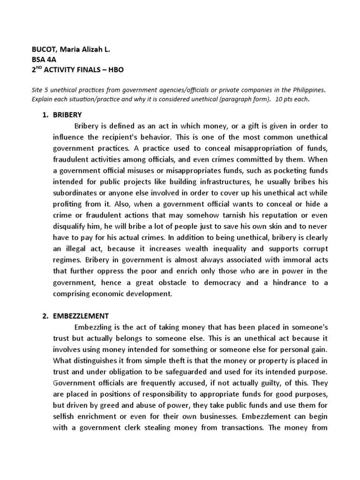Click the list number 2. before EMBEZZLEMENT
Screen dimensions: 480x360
45,316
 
